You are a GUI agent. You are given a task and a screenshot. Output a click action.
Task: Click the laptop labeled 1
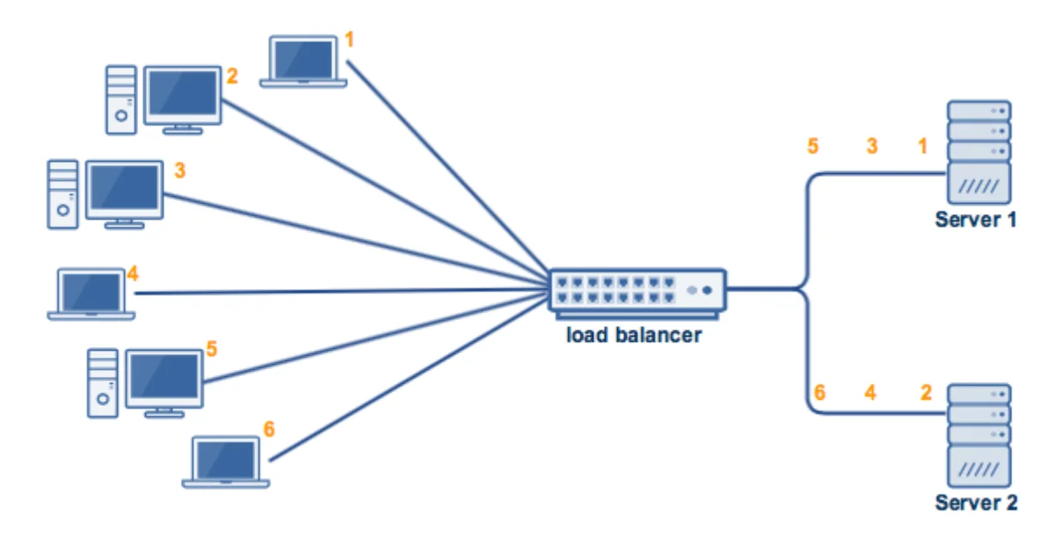click(x=303, y=62)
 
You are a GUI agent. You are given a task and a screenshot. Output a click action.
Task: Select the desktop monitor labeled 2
click(x=183, y=98)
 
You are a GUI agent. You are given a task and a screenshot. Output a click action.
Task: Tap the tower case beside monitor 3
click(x=62, y=194)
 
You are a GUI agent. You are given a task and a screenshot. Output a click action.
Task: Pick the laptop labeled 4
click(x=91, y=293)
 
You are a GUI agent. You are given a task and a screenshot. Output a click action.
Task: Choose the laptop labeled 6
click(x=226, y=462)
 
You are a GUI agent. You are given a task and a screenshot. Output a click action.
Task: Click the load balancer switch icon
click(x=637, y=291)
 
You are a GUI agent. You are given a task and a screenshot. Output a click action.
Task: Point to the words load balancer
click(x=634, y=335)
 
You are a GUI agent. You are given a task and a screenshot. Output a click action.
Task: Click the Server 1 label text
click(x=976, y=220)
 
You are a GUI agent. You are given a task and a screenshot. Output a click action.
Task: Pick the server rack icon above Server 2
click(x=979, y=435)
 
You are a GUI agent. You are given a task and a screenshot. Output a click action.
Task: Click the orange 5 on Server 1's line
click(x=813, y=146)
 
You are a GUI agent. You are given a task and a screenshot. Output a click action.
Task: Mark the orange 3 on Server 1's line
click(x=872, y=146)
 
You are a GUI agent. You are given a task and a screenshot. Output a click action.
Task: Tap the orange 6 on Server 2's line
click(x=819, y=393)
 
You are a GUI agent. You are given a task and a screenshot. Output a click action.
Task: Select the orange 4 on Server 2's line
click(x=870, y=393)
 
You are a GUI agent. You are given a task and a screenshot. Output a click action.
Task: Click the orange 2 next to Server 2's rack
click(x=926, y=393)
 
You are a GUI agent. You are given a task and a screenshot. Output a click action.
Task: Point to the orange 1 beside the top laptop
click(x=350, y=40)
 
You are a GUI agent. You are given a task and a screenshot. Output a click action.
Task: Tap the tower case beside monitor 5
click(x=102, y=382)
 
